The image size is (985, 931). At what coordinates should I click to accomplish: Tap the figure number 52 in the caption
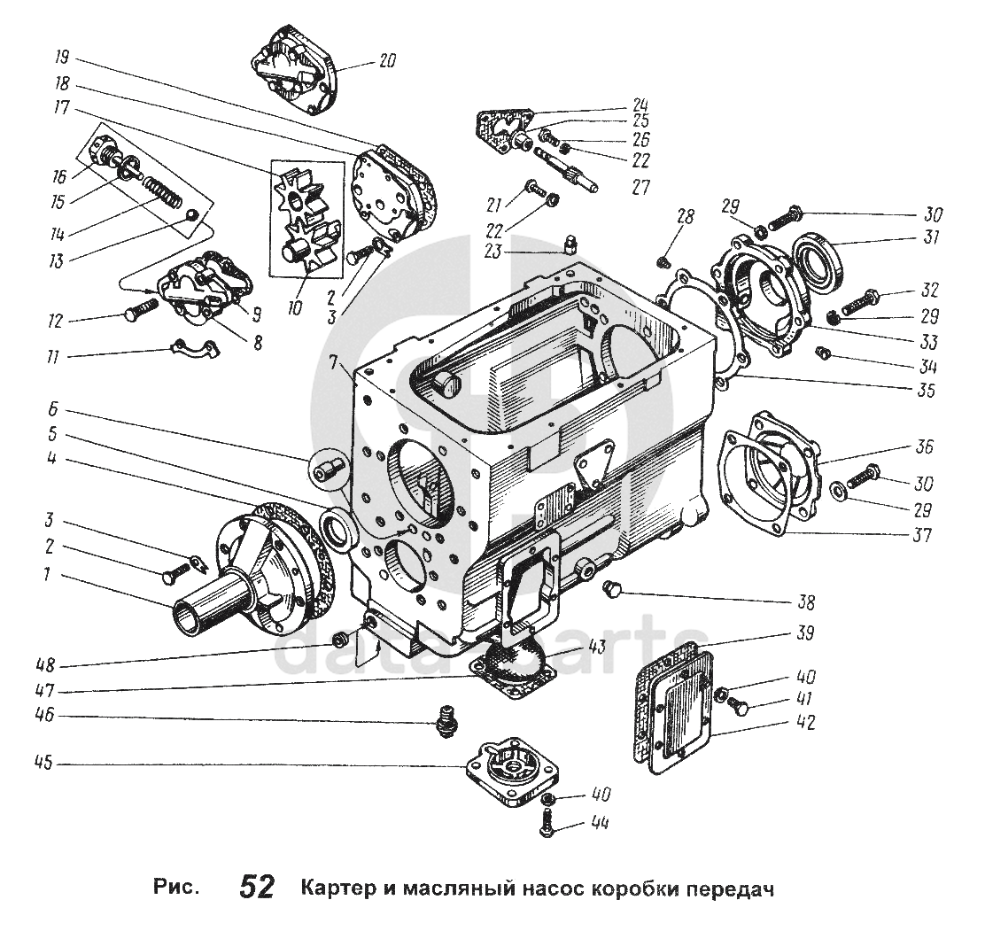[x=256, y=887]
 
